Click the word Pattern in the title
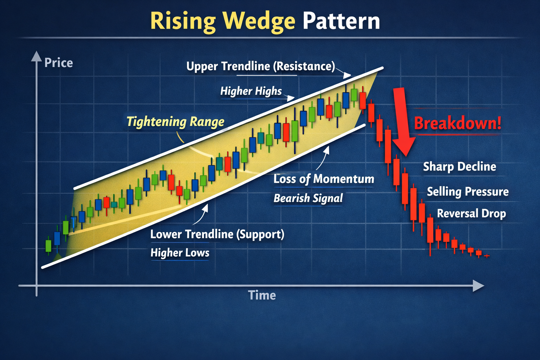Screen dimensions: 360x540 [341, 21]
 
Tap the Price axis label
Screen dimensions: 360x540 [58, 63]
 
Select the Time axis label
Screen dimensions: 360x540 [262, 295]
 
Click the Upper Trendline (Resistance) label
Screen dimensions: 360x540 [261, 66]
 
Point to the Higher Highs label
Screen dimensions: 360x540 [251, 91]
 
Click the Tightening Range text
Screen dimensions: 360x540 [175, 122]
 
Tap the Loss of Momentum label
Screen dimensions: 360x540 [323, 179]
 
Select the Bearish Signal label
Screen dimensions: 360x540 [308, 198]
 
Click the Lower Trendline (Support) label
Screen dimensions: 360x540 [217, 234]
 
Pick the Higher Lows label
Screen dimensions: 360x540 [180, 253]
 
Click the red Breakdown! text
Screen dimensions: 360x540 [457, 123]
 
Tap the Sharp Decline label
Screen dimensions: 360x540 [459, 167]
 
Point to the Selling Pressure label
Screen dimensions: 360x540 [468, 192]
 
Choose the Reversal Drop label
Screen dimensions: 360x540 [471, 213]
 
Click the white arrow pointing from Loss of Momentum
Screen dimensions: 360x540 [323, 158]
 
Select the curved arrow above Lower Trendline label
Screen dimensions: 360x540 [201, 215]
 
